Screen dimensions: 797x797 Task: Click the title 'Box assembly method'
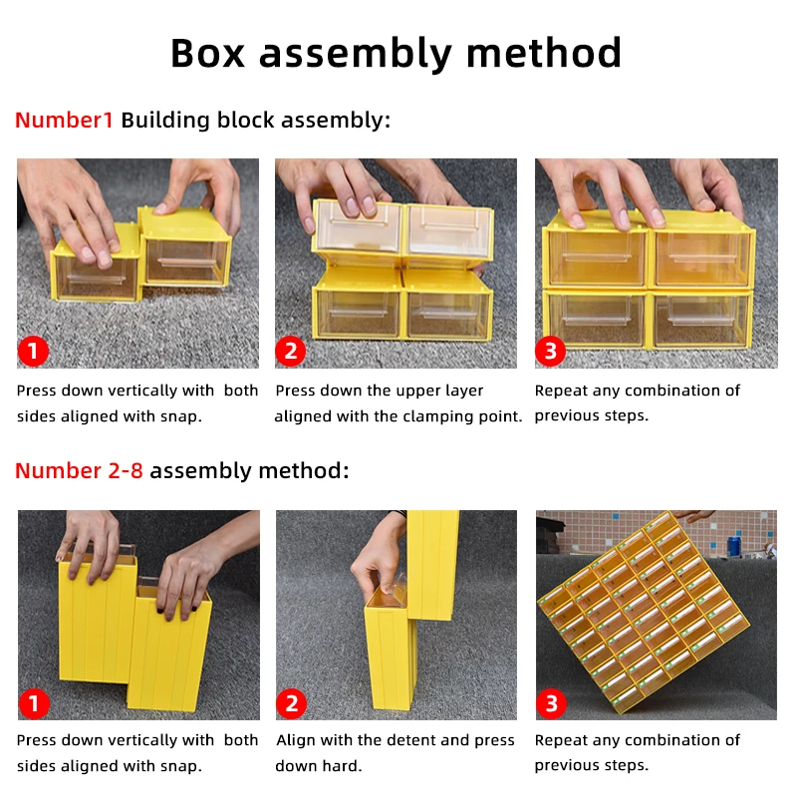coord(397,53)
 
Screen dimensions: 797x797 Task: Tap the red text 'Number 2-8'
coord(79,471)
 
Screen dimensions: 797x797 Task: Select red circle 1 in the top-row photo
coord(33,351)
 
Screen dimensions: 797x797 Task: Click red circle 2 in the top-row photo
coord(291,351)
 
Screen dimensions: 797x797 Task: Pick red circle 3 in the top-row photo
coord(550,351)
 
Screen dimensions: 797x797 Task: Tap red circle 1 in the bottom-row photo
coord(33,703)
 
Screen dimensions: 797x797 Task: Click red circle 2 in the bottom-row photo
coord(291,703)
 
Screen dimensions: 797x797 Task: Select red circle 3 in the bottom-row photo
coord(550,703)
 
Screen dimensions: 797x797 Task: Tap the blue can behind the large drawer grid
coord(734,545)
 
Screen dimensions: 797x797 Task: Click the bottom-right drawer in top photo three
coord(700,321)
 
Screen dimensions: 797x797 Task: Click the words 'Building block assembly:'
coord(256,121)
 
